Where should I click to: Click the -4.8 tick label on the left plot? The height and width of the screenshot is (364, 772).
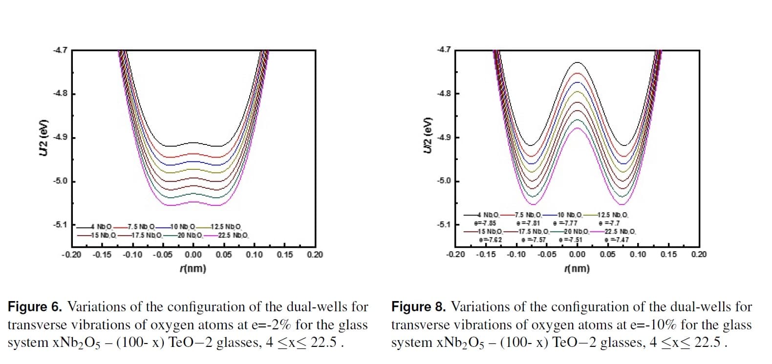point(61,94)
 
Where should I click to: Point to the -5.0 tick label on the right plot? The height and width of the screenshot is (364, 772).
point(444,181)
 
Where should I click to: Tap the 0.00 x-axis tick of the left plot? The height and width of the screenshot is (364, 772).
point(193,254)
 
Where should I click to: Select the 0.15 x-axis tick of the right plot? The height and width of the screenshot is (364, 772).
point(668,254)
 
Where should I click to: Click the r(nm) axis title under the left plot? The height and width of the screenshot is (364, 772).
point(193,268)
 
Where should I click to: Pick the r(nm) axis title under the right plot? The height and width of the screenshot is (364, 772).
point(577,268)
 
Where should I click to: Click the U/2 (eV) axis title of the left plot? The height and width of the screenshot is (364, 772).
point(43,138)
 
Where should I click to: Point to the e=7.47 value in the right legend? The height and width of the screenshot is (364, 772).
point(617,240)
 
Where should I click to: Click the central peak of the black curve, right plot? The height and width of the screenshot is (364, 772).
point(578,62)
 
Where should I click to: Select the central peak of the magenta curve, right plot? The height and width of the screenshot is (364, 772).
point(578,128)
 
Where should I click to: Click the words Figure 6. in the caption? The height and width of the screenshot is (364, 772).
point(35,307)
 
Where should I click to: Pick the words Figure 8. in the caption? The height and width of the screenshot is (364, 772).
point(419,307)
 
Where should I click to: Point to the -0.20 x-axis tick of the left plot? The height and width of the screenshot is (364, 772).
point(71,254)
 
